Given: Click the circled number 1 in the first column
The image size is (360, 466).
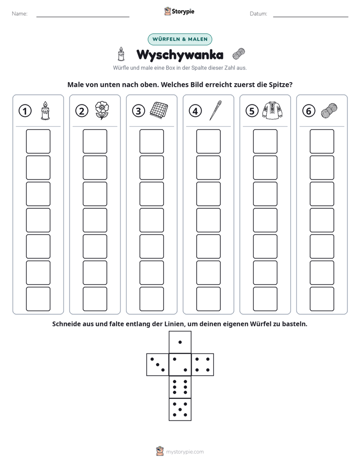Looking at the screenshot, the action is (25, 111).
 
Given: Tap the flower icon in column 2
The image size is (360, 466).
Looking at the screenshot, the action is (102, 110).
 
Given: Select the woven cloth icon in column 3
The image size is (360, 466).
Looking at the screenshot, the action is (159, 110).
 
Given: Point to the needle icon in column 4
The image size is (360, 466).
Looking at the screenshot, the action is (216, 110).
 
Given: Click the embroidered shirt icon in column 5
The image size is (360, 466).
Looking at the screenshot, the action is (272, 110).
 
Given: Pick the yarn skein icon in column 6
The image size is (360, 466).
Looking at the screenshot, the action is (329, 111).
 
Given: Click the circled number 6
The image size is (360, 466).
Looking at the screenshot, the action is (309, 111).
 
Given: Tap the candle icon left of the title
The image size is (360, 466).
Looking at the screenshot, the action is (121, 54).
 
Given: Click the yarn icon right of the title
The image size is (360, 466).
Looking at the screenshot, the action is (238, 54).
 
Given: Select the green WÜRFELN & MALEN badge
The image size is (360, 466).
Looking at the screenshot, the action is (180, 39).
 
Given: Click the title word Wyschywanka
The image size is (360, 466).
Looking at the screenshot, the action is (180, 55).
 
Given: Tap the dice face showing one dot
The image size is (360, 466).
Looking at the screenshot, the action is (180, 342).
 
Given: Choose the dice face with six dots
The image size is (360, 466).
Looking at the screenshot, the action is (180, 387).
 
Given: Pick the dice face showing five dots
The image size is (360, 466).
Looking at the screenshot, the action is (180, 410).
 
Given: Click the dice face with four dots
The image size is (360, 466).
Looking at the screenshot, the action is (203, 365).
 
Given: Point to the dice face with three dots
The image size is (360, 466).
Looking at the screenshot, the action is (158, 365).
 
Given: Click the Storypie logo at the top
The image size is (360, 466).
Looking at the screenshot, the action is (179, 11).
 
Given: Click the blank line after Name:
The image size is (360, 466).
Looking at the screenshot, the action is (83, 17).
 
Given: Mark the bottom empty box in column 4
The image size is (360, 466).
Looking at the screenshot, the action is (209, 299).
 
